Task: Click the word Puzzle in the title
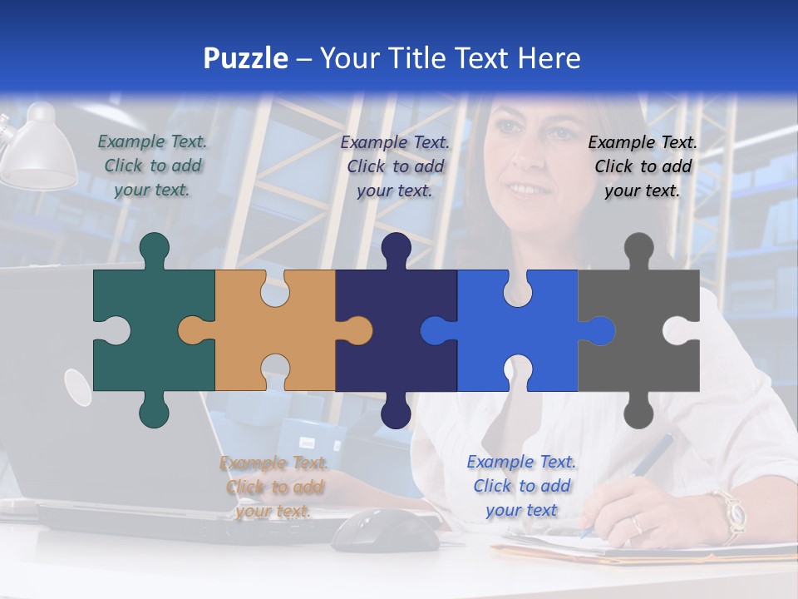[245, 58]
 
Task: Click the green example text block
[152, 166]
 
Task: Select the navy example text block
[395, 166]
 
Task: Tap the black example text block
[643, 166]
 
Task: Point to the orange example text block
[273, 487]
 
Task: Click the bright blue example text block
[521, 486]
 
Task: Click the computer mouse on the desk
[385, 530]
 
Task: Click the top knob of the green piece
[155, 248]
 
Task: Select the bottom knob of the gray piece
[638, 412]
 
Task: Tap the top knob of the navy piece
[396, 248]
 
